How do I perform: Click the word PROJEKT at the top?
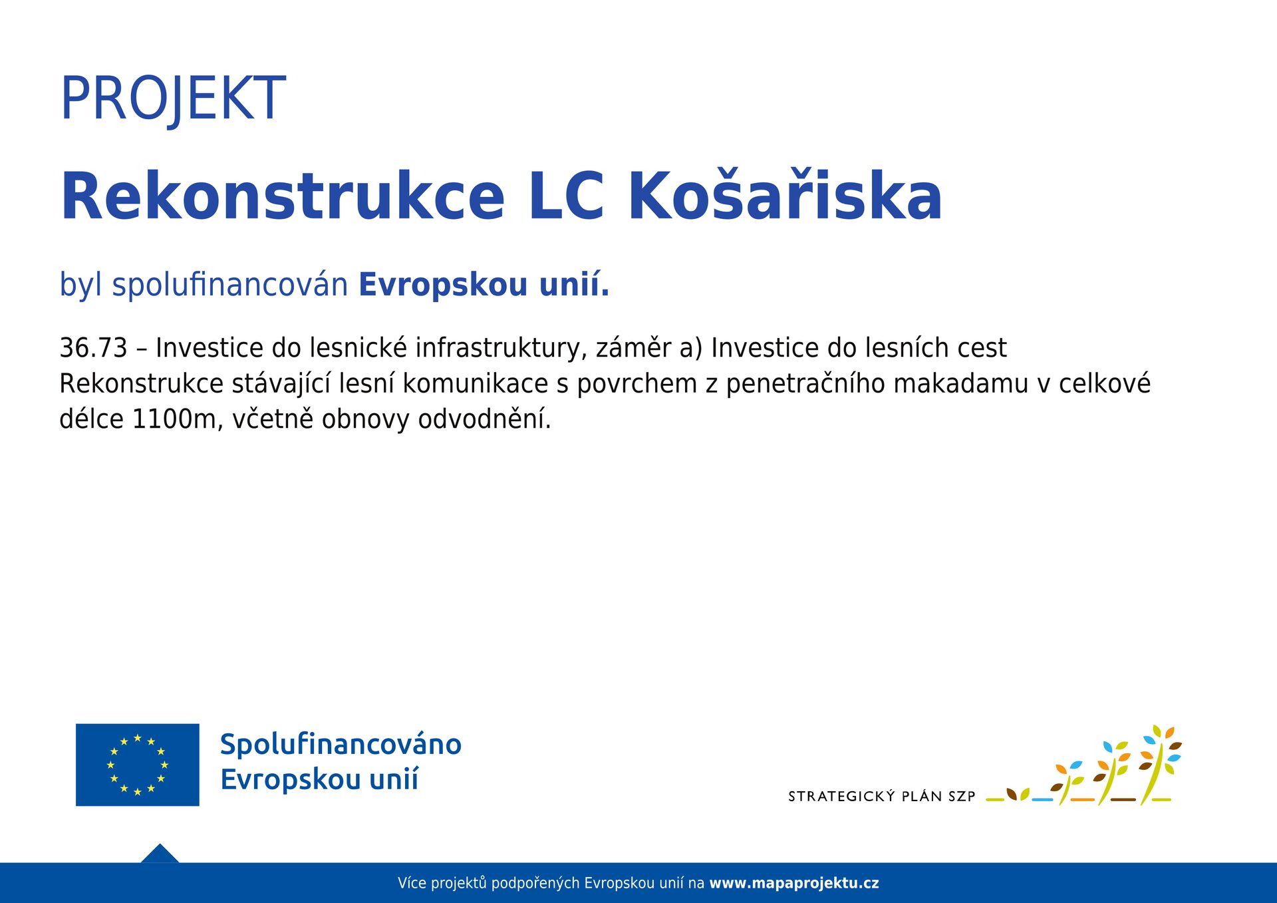tap(173, 98)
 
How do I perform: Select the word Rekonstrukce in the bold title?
tap(283, 196)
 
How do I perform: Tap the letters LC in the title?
tap(567, 196)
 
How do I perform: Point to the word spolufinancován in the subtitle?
tap(230, 285)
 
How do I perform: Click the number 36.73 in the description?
tap(93, 348)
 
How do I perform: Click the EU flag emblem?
tap(138, 765)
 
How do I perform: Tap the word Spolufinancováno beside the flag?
tap(341, 745)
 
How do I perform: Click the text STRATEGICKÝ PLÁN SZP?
tap(881, 796)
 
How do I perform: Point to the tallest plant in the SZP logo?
tap(1159, 765)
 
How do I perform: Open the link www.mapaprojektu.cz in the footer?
tap(794, 883)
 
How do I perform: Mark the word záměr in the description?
tap(633, 348)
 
